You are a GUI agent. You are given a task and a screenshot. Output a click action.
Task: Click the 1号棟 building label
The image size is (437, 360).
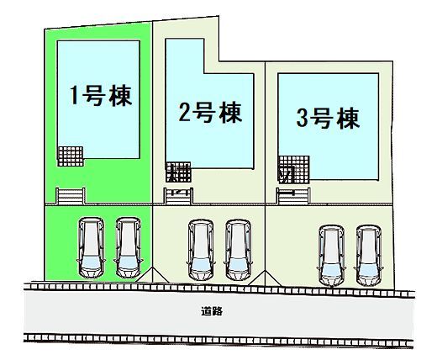point(101,96)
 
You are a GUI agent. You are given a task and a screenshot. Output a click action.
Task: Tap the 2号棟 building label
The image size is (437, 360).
point(210,113)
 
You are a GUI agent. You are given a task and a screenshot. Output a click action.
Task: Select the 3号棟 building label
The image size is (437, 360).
point(328,119)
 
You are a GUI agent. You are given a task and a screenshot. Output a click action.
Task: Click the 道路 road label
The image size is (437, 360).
point(212,311)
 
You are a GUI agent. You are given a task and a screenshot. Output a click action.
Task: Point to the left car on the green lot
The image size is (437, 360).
point(91,247)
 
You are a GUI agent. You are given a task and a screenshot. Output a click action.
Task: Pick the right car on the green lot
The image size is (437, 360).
point(129,247)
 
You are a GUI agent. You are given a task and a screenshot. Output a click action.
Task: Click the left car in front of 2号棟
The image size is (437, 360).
point(201,250)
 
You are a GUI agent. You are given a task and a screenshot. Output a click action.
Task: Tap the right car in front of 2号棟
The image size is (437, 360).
point(238,250)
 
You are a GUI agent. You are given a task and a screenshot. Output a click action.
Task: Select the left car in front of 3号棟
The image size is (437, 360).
point(331,256)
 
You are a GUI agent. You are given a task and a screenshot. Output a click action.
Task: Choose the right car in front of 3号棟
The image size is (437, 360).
point(368,256)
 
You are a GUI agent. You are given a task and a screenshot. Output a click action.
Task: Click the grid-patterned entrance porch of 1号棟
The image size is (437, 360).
point(71,156)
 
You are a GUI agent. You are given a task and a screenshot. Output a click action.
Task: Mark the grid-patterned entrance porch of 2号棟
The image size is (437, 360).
point(178,172)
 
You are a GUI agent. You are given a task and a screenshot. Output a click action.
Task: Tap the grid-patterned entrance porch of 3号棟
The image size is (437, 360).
point(294,170)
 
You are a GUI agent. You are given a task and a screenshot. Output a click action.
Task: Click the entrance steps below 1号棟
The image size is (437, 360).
point(71,196)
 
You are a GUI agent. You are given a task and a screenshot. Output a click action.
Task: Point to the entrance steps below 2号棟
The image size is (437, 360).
point(178,196)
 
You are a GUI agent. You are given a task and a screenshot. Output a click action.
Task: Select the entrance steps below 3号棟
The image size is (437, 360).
point(293,196)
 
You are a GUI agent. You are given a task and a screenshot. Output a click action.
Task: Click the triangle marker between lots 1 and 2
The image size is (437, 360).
point(152,275)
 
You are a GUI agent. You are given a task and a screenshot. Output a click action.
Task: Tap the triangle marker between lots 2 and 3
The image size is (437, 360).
point(265,278)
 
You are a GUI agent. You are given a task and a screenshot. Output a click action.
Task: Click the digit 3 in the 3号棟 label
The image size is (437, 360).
point(302,119)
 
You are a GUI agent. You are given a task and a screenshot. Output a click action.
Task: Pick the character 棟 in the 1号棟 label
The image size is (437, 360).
point(120,96)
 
